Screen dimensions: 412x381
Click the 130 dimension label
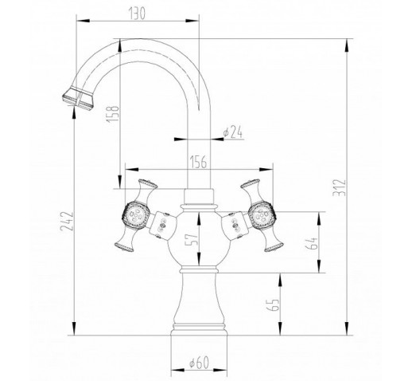click(x=137, y=14)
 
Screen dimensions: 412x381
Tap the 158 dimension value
click(x=113, y=114)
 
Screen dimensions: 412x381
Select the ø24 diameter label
click(x=233, y=132)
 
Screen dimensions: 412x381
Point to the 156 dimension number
click(x=198, y=162)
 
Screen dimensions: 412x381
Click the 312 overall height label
click(x=340, y=188)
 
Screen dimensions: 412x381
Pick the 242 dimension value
click(x=67, y=221)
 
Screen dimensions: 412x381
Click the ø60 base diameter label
click(x=199, y=362)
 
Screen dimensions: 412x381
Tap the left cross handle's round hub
click(x=134, y=214)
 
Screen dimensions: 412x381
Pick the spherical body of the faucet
click(x=199, y=238)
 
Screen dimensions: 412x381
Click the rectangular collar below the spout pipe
click(x=199, y=197)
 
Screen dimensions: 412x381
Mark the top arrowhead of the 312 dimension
click(x=347, y=45)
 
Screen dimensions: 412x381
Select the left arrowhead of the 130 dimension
click(x=84, y=21)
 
